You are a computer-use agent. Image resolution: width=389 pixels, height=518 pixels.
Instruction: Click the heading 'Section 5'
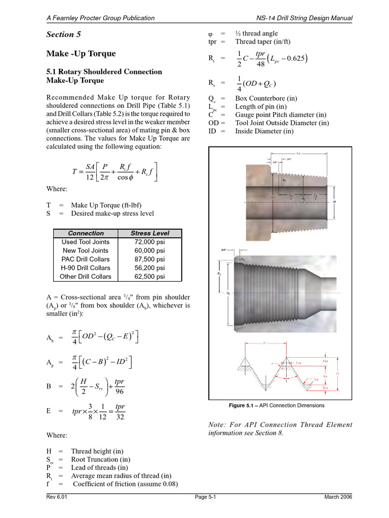63,34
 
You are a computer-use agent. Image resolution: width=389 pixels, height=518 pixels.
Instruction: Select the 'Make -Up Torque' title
81,54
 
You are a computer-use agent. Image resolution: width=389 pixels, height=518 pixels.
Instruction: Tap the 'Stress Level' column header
149,233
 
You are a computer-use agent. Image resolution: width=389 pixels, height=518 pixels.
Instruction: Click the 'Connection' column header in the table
86,233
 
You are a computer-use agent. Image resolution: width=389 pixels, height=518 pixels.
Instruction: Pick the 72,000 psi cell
149,242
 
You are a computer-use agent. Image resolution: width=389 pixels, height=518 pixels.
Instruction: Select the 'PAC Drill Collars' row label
86,259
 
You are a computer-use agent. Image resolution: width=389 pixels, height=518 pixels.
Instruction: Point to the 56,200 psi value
149,268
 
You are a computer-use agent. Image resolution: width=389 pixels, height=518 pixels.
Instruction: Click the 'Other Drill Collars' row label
86,277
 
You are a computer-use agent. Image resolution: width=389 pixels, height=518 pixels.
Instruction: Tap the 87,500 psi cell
149,259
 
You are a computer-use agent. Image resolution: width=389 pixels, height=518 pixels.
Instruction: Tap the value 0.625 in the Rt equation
293,58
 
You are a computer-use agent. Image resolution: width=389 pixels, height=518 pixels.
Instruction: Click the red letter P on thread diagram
264,343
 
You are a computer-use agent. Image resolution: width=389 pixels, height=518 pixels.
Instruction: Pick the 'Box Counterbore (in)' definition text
266,99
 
